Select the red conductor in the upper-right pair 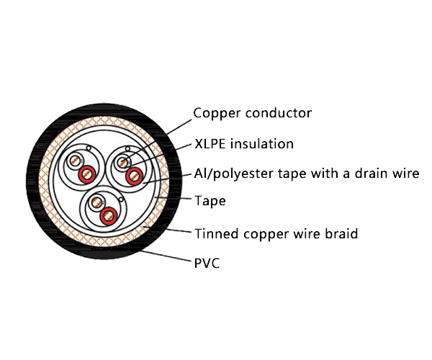point(134,176)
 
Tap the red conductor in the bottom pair point(109,215)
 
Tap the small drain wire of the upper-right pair point(127,150)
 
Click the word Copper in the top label point(215,114)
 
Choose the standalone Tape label point(210,202)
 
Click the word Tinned point(215,233)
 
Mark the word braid point(342,233)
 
